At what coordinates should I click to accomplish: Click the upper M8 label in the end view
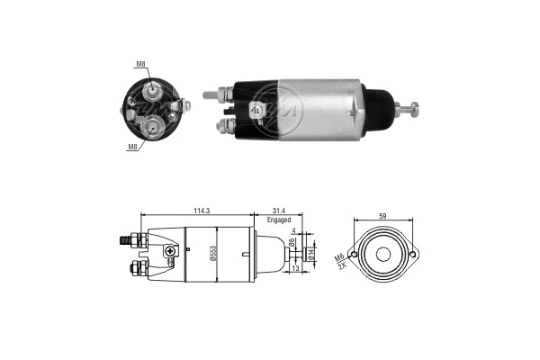click(140, 64)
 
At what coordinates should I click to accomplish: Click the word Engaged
click(278, 220)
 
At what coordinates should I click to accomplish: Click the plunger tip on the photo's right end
click(416, 111)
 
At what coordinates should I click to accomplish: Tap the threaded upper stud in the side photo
click(212, 92)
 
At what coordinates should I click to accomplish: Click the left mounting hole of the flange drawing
click(355, 256)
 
